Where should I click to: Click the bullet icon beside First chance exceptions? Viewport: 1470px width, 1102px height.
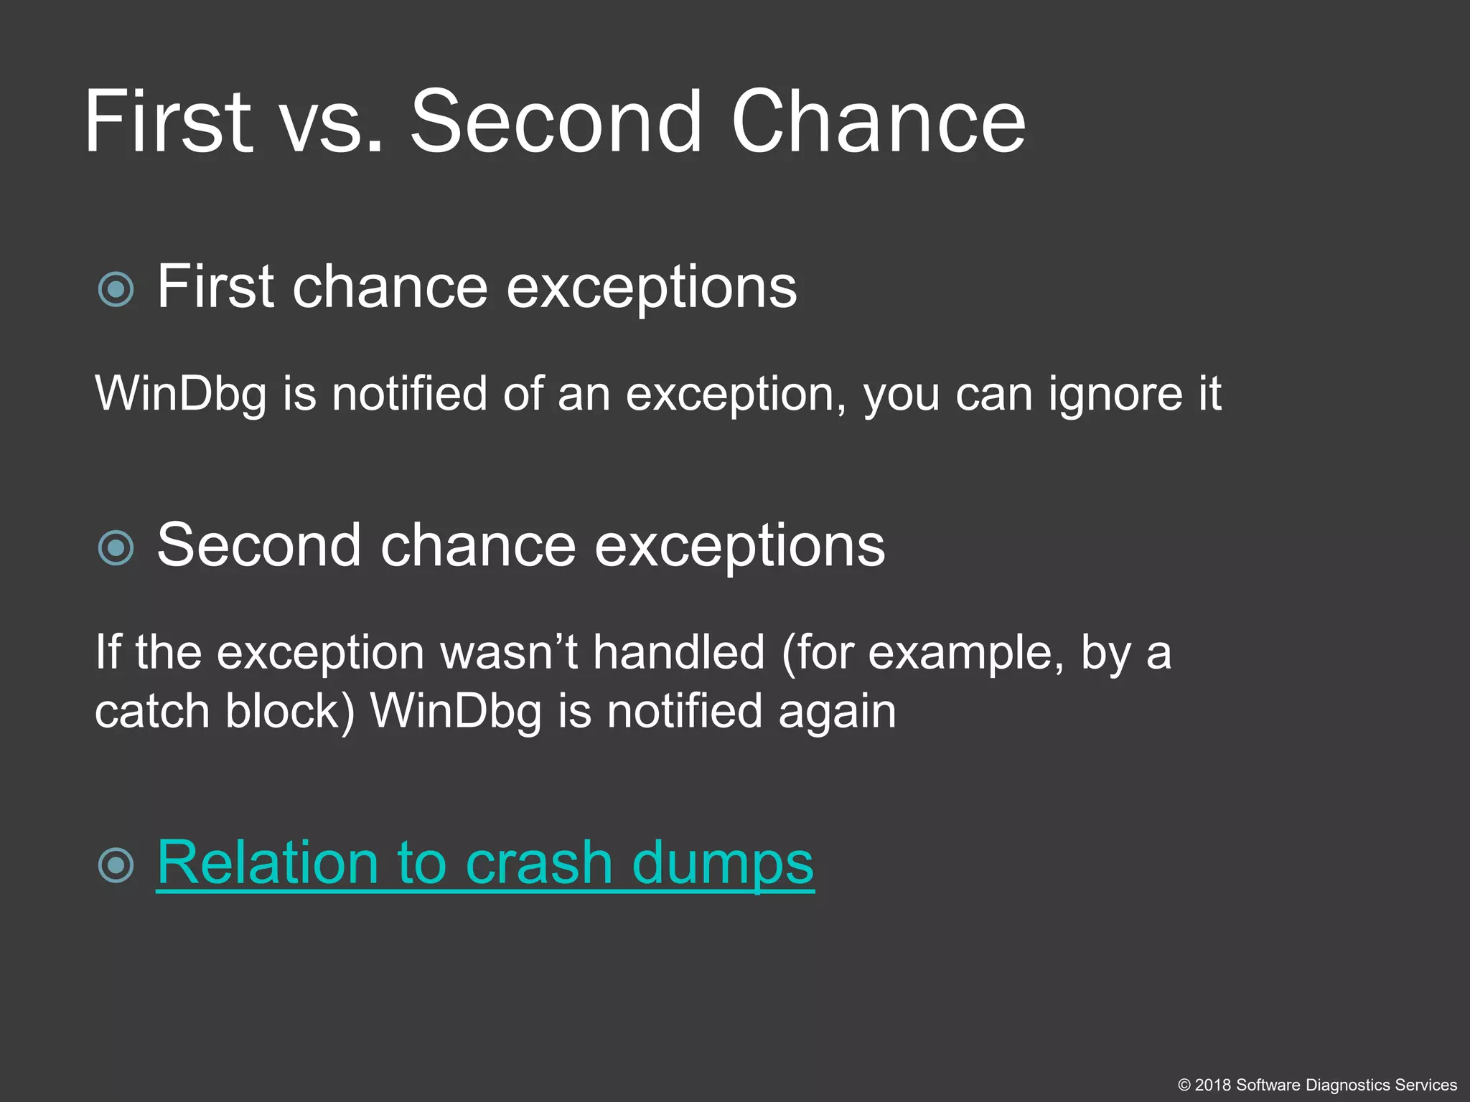(x=116, y=289)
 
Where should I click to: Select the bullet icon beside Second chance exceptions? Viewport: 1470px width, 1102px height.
(x=116, y=548)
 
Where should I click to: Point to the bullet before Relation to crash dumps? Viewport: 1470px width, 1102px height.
(x=116, y=865)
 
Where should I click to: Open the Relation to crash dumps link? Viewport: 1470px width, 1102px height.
(x=485, y=863)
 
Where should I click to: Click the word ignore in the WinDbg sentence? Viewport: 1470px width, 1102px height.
(x=1114, y=395)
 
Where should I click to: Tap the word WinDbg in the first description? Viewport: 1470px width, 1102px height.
(x=180, y=395)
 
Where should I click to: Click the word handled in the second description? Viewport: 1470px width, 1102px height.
(x=679, y=653)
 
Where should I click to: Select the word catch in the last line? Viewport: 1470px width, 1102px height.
(x=151, y=712)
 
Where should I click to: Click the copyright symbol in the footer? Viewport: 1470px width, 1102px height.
(x=1184, y=1085)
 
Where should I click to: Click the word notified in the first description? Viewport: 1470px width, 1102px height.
(x=409, y=395)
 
